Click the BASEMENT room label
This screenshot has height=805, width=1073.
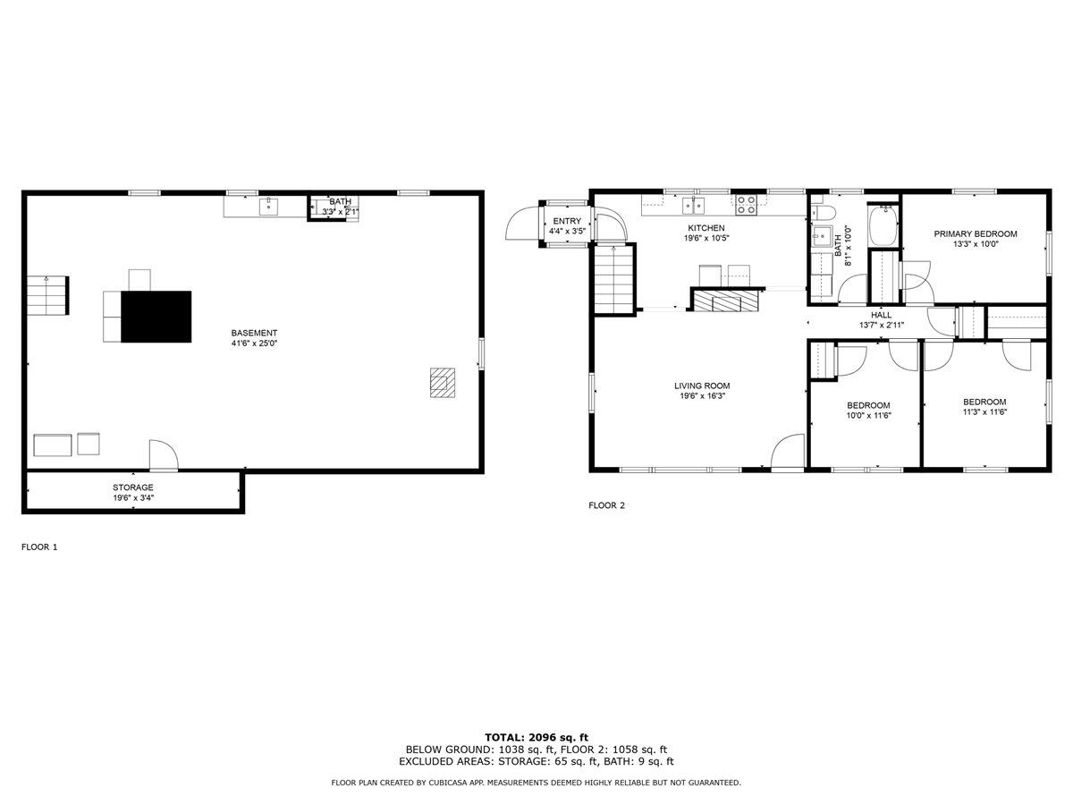coord(254,333)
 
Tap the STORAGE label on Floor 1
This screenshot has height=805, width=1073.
coord(132,487)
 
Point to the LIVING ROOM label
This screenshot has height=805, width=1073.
coord(702,386)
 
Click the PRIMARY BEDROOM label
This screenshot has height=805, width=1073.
coord(976,233)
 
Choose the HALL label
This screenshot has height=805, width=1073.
coord(881,315)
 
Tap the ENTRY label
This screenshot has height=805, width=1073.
coord(567,221)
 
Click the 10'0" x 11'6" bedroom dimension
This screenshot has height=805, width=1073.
coord(868,415)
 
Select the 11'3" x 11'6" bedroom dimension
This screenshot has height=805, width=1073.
coord(984,412)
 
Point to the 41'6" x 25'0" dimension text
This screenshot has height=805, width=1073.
coord(254,343)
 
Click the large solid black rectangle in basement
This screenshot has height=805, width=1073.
coord(156,317)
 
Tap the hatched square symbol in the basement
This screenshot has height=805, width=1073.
coord(442,383)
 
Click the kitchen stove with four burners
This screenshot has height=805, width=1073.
coord(746,205)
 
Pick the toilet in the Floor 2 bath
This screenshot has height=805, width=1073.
coord(824,212)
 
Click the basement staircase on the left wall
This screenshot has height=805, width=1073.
coord(47,295)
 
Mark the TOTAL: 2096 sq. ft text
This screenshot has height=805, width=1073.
coord(536,737)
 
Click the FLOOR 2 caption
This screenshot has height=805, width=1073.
coord(606,505)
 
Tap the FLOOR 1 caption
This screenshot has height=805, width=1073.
coord(39,547)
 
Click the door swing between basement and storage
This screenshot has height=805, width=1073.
coord(163,455)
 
